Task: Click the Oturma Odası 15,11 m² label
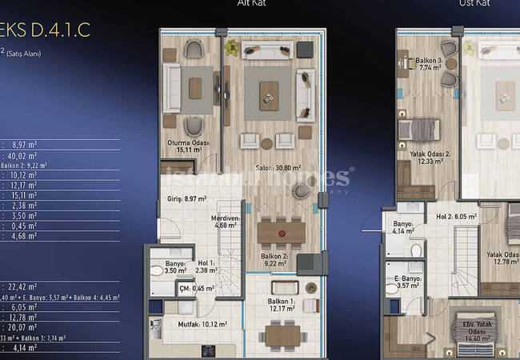[188, 146]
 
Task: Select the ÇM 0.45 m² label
[191, 289]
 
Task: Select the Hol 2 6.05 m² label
[456, 216]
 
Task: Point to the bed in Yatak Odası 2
[420, 129]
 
